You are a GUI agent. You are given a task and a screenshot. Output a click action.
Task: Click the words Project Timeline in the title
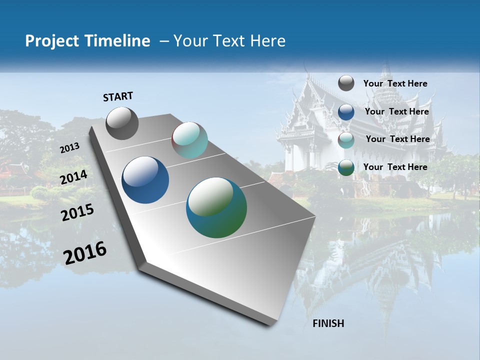(87, 41)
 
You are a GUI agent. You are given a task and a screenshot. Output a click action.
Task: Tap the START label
(118, 96)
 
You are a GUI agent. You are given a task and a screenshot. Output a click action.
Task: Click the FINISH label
(328, 323)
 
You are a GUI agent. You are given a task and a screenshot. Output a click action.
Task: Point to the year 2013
(69, 148)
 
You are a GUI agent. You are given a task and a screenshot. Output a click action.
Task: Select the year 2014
(74, 177)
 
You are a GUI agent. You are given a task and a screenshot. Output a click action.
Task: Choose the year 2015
(77, 212)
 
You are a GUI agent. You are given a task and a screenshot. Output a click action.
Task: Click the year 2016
(85, 253)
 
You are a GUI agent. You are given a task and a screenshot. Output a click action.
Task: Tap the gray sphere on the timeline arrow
(122, 123)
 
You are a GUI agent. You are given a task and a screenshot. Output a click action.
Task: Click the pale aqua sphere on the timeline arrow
(189, 140)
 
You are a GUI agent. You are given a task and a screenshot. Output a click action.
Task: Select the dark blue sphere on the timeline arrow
(145, 180)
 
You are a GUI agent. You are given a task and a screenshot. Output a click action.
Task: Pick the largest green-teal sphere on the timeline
(216, 207)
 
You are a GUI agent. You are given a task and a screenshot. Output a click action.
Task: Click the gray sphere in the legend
(346, 83)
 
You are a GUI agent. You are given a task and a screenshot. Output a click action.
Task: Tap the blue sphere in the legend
(346, 112)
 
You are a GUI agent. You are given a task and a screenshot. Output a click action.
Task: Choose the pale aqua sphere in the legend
(346, 140)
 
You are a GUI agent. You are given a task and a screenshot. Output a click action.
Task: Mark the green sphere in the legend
(346, 167)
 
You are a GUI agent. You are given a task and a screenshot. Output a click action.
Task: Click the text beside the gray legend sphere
(395, 83)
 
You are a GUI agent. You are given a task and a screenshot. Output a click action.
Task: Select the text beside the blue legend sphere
(396, 111)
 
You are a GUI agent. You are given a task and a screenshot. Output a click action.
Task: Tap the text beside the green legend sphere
(395, 167)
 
